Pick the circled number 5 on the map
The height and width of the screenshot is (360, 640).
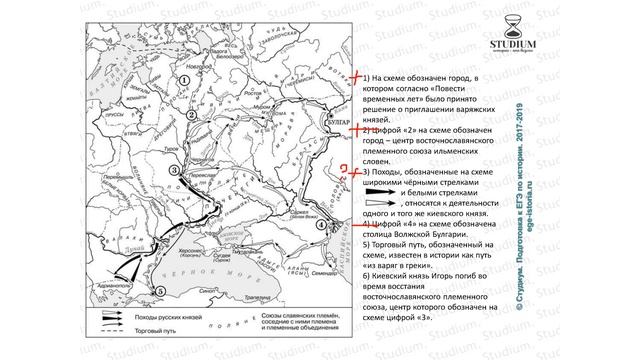click(159, 290)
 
